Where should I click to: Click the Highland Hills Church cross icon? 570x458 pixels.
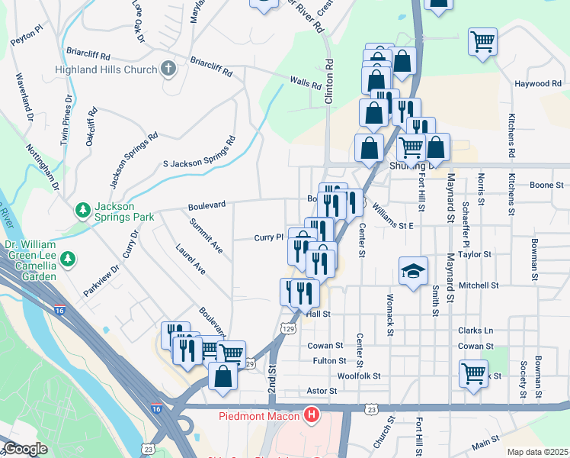[168, 69]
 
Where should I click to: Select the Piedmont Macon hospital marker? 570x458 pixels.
[311, 415]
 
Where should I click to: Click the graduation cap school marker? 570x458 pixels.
[412, 271]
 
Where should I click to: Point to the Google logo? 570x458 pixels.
[25, 449]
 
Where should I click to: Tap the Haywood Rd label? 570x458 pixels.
[537, 83]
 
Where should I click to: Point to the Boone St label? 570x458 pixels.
[546, 185]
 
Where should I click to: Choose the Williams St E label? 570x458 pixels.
[392, 226]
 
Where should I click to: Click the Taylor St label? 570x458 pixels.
[476, 253]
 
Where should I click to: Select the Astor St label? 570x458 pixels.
[321, 391]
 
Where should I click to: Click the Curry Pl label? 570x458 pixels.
[268, 237]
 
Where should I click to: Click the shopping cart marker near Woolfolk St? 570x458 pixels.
[473, 374]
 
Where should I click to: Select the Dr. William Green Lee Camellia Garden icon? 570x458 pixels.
[69, 260]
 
